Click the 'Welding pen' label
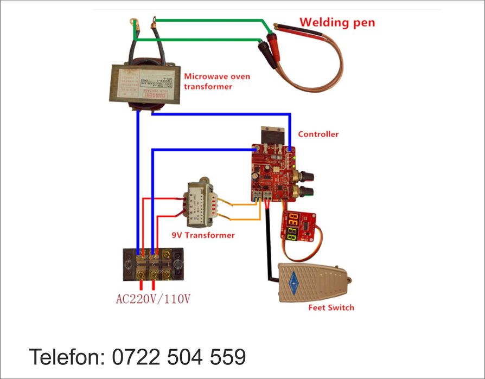(337, 23)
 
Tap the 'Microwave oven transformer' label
(217, 81)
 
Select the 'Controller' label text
(318, 134)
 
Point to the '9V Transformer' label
(203, 235)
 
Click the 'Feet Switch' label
(331, 307)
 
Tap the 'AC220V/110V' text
(154, 298)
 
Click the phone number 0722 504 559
(179, 357)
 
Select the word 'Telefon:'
(68, 357)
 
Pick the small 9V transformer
(202, 206)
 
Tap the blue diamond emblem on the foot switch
(295, 281)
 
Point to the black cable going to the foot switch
(269, 244)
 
